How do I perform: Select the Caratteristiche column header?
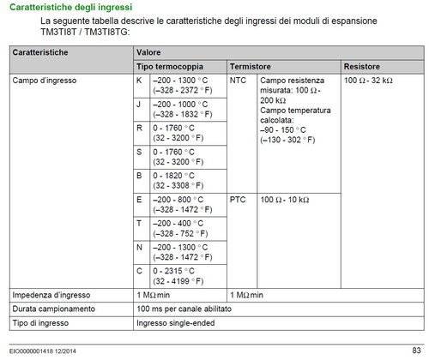42,53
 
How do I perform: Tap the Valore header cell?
151,53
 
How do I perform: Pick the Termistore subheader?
251,66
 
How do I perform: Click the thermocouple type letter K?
139,80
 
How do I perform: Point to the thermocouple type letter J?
139,104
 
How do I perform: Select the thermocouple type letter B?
139,174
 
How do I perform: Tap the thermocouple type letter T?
139,222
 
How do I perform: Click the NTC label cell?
239,80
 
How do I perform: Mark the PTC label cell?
239,198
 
